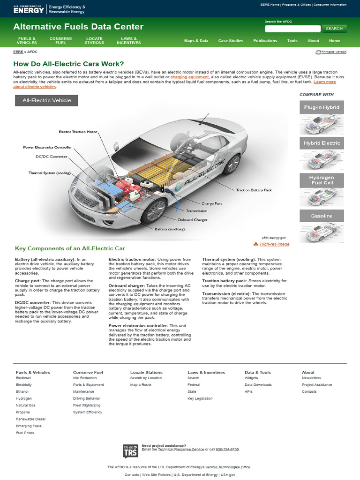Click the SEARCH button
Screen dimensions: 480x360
334,29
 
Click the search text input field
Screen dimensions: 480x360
292,29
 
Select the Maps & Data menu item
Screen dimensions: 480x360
196,41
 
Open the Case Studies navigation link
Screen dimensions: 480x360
231,41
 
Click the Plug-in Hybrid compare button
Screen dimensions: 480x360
322,107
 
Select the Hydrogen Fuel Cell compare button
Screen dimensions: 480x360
322,180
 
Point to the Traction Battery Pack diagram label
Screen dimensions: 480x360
254,190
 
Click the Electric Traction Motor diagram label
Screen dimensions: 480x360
78,132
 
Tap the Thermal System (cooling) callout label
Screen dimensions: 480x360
49,173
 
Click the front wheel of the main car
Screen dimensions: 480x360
154,211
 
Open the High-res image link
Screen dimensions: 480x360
274,244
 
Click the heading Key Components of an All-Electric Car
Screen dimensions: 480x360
70,248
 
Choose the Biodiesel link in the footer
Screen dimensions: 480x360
23,378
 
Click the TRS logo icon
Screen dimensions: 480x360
130,451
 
